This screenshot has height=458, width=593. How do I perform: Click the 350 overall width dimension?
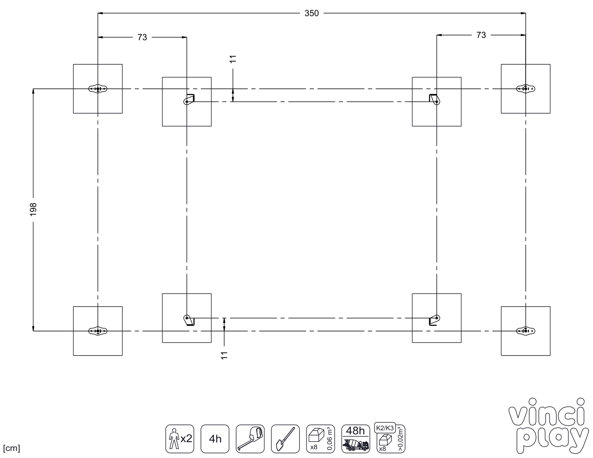pos(311,13)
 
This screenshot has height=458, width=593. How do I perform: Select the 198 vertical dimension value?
pos(33,209)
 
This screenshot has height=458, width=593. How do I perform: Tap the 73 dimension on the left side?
pos(142,37)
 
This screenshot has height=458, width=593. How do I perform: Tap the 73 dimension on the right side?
pos(481,35)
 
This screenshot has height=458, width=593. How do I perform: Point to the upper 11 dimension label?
pos(233,59)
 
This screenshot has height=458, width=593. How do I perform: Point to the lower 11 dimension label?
pos(224,355)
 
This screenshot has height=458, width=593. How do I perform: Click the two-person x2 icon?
pos(180,439)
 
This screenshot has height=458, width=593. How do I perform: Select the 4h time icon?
pos(215,439)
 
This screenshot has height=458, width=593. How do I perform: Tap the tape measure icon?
pos(250,439)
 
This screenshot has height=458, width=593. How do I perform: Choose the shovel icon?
pos(285,439)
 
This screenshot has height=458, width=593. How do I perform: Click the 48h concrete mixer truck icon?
pos(355,439)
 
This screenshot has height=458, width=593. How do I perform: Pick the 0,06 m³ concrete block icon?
pos(320,439)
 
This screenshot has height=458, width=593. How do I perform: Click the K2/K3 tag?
pos(385,428)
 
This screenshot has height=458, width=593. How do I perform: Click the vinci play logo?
pos(548,427)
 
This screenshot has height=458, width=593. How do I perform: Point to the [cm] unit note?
pos(11,448)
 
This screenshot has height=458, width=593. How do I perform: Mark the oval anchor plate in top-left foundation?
pos(98,89)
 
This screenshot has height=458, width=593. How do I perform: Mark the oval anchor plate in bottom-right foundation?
pos(526,331)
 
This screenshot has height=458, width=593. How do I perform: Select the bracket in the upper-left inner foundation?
pos(189,99)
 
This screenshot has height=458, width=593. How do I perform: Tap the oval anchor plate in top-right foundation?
pos(526,89)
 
